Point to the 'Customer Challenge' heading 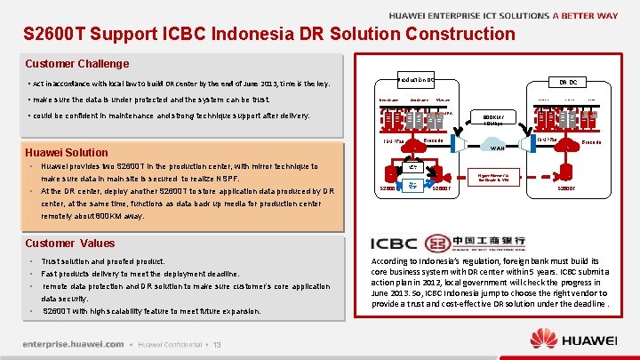(77, 64)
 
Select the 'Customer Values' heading (70, 243)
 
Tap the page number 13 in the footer (216, 345)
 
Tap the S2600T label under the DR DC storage (570, 188)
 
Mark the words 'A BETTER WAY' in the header (585, 15)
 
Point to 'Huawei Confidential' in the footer (169, 345)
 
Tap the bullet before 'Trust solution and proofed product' (31, 261)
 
